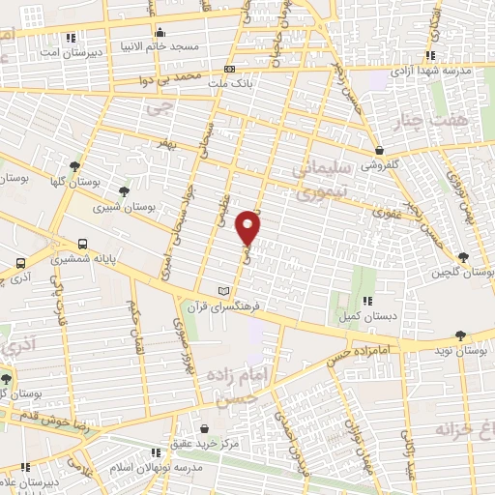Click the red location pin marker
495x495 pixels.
pyautogui.click(x=249, y=227)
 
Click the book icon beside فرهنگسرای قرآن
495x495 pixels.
pyautogui.click(x=224, y=292)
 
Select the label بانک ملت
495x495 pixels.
pyautogui.click(x=229, y=84)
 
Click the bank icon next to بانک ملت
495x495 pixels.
pyautogui.click(x=229, y=70)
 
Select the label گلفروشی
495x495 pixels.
pyautogui.click(x=381, y=165)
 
